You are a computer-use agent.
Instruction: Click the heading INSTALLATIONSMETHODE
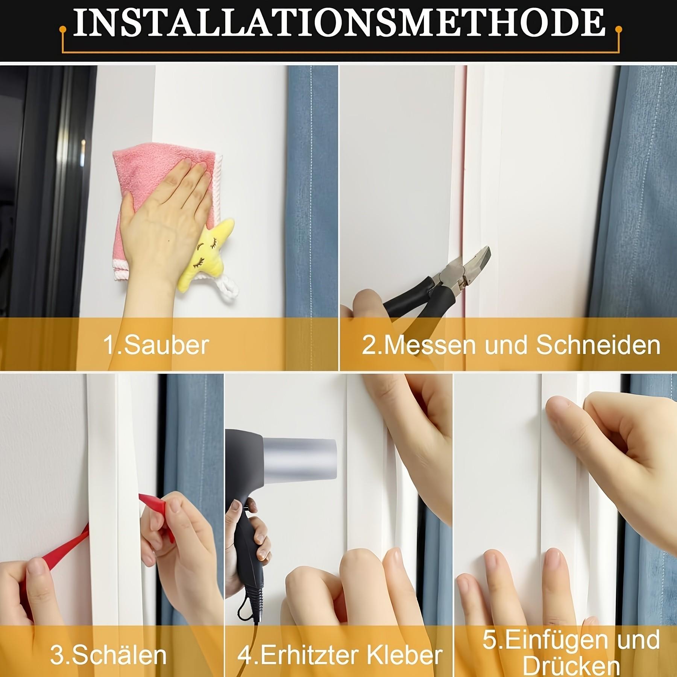pyautogui.click(x=338, y=23)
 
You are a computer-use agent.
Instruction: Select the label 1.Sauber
pyautogui.click(x=156, y=345)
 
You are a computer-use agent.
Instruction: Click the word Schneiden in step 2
pyautogui.click(x=598, y=345)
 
